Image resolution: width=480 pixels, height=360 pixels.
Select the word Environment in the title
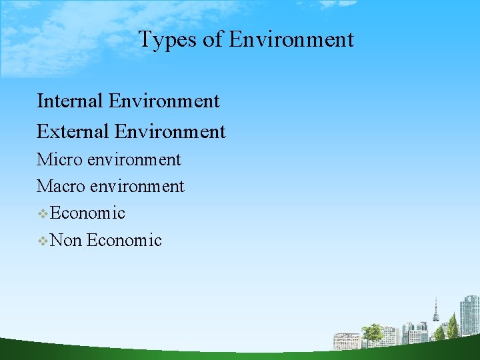[291, 39]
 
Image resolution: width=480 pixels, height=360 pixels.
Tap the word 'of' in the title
[213, 39]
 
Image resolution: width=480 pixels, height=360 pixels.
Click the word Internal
[70, 101]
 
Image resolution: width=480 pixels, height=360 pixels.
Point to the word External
[73, 131]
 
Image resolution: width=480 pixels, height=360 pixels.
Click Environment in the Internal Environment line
[164, 101]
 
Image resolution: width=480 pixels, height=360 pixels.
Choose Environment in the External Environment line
[170, 131]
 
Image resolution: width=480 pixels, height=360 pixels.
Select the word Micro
[61, 160]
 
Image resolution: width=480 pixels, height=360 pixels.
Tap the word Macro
[63, 187]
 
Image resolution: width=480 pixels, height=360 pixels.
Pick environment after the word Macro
[137, 187]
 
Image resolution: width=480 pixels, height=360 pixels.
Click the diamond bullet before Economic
[43, 214]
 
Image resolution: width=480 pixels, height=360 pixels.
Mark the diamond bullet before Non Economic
[43, 241]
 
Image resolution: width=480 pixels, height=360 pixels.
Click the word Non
[66, 240]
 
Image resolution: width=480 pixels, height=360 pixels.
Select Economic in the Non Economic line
[124, 240]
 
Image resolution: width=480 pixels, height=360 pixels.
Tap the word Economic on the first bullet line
[87, 213]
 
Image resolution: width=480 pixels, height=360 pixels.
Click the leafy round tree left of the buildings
[372, 331]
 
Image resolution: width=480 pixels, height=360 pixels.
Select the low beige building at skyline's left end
[347, 341]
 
